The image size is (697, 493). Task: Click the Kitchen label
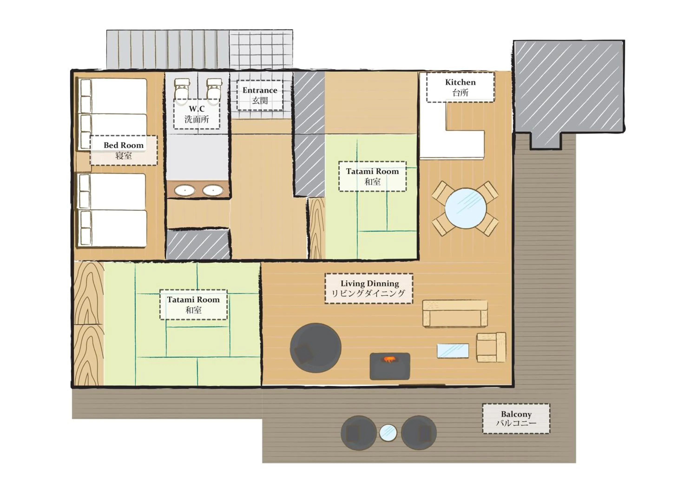point(460,87)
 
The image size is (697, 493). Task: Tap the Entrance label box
point(260,95)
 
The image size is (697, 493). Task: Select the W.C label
point(197,114)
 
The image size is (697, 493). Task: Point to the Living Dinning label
point(369,289)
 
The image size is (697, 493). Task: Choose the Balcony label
point(516,419)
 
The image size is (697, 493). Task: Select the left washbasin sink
point(184,190)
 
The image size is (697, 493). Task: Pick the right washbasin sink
point(213,190)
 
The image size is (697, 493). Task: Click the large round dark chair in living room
point(316,348)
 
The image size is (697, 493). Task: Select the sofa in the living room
point(455,314)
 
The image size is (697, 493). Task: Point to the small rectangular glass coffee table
point(453,351)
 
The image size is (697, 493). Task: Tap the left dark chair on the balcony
point(358,433)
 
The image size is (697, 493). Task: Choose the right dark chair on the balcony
point(419,433)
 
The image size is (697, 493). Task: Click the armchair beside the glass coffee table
point(491,347)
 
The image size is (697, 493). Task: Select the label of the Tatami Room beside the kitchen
point(372,177)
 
